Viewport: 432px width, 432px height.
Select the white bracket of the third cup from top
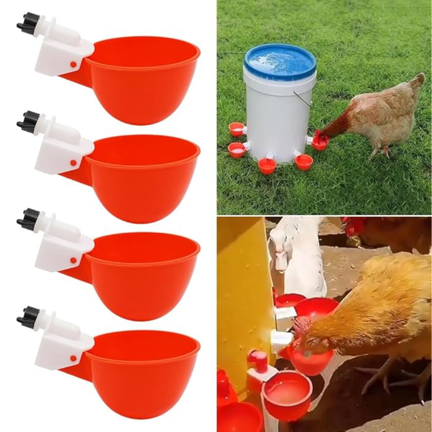coord(60,251)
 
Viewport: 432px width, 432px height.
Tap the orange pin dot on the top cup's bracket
coord(73,64)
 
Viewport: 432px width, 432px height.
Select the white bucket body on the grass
coord(276,117)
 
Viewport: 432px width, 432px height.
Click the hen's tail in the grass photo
coord(417,82)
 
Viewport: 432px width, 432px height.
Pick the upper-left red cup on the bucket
coord(236,129)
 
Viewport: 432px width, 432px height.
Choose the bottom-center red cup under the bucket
coord(267,165)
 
